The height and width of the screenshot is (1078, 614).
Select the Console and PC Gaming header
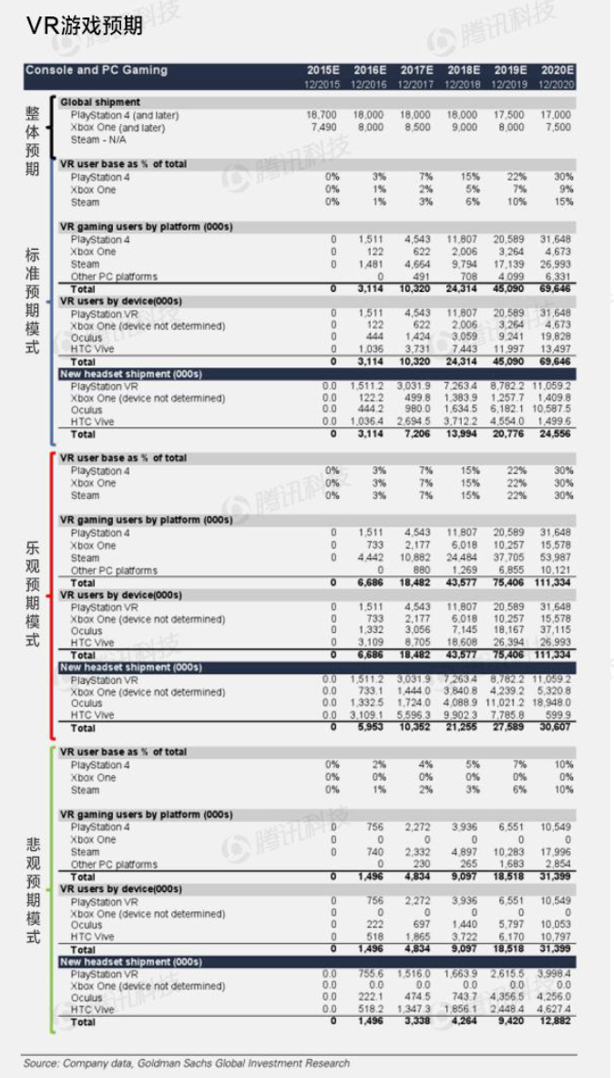[97, 70]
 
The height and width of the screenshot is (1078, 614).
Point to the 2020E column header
[558, 70]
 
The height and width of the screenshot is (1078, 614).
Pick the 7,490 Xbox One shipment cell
[323, 129]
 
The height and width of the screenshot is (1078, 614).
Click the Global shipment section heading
[100, 102]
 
